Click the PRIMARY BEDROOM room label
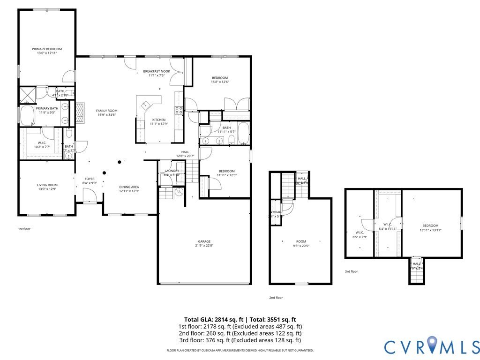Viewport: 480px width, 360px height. pyautogui.click(x=47, y=49)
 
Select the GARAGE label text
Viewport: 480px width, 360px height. pyautogui.click(x=204, y=241)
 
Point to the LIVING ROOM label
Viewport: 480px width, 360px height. pyautogui.click(x=47, y=185)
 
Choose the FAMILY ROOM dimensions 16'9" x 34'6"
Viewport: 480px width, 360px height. pyautogui.click(x=107, y=115)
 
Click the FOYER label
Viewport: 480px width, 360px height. pyautogui.click(x=89, y=179)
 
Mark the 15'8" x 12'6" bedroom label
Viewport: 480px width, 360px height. pyautogui.click(x=220, y=78)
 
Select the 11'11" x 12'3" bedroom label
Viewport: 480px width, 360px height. pyautogui.click(x=226, y=171)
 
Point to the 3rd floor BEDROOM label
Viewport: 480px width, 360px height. pyautogui.click(x=430, y=225)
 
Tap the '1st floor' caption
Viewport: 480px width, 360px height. pyautogui.click(x=24, y=229)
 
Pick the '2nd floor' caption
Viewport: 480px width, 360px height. pyautogui.click(x=276, y=298)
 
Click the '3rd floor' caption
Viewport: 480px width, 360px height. pyautogui.click(x=351, y=271)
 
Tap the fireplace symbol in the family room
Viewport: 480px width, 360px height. pyautogui.click(x=80, y=112)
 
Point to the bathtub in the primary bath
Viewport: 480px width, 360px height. pyautogui.click(x=27, y=115)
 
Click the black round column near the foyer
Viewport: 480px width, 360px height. pyautogui.click(x=120, y=162)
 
